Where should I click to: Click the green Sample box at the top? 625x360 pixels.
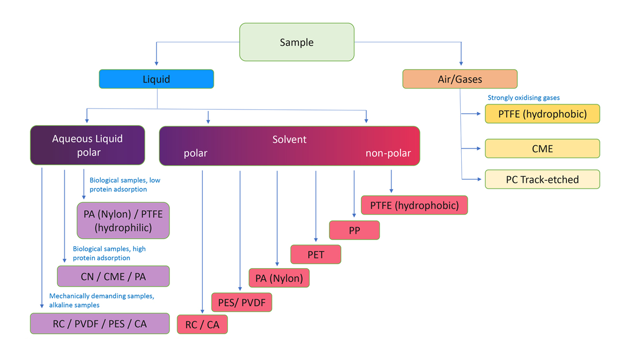(296, 42)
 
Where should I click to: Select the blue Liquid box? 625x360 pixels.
(156, 79)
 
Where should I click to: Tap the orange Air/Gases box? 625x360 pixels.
(460, 79)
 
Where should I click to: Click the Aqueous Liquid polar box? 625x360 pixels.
(87, 145)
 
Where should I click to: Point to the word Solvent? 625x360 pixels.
(289, 139)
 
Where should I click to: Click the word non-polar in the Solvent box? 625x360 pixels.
(388, 153)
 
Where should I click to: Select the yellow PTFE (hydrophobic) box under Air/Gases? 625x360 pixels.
(542, 114)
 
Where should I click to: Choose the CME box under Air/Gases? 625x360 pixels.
(542, 149)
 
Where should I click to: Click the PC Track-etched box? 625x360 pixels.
(542, 180)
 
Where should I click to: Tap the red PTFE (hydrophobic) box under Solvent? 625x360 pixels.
(414, 205)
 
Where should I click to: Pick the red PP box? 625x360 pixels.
(354, 230)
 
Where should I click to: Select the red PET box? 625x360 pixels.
(315, 254)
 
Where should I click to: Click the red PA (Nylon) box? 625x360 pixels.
(279, 278)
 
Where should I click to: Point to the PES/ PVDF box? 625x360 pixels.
(241, 302)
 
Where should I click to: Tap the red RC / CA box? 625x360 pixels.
(202, 325)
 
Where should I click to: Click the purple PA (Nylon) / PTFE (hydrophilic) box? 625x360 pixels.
(123, 221)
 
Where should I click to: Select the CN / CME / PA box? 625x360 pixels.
(113, 277)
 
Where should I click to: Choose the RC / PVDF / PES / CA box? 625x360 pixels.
(100, 324)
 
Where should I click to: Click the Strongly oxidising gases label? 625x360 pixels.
(523, 98)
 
